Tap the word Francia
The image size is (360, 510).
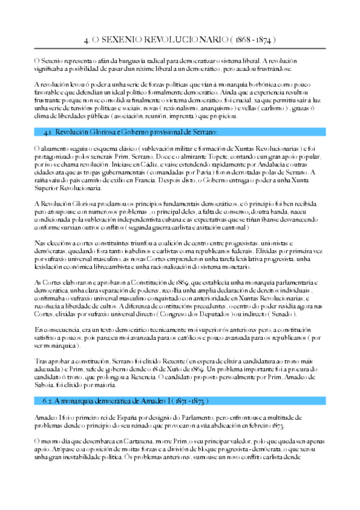pos(157,179)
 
